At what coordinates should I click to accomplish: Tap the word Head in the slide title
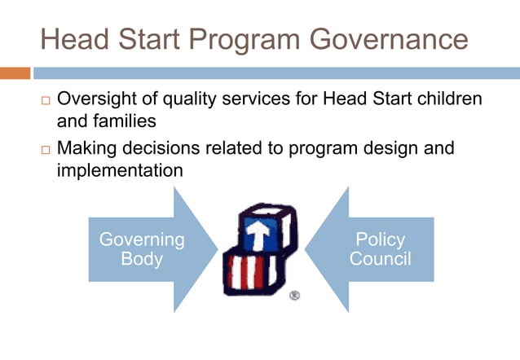tap(76, 39)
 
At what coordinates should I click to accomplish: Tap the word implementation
tap(119, 171)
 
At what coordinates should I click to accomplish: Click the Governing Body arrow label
tap(142, 249)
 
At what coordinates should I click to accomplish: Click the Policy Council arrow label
tap(380, 249)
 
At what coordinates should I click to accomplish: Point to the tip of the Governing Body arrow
tap(217, 249)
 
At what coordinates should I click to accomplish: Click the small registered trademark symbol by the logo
tap(294, 295)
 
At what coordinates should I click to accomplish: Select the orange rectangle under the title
tap(15, 73)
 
